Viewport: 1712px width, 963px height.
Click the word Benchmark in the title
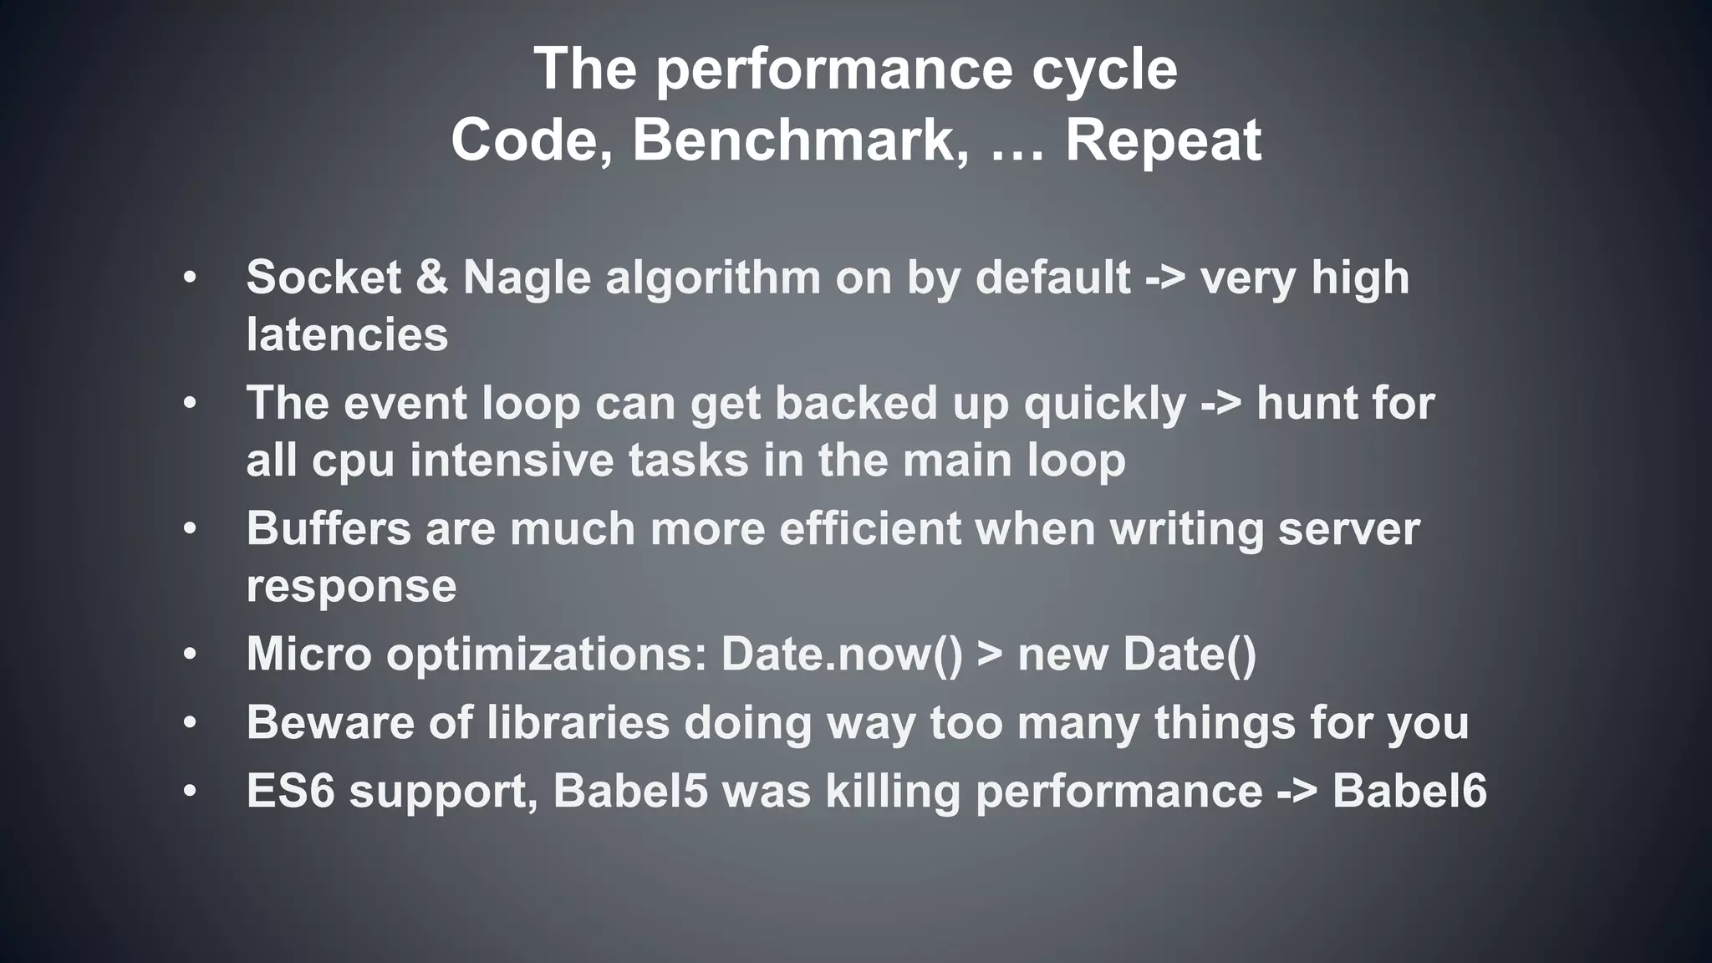[x=793, y=140]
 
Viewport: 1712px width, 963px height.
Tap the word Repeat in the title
[x=1163, y=140]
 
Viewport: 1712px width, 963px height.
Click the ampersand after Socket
[x=431, y=278]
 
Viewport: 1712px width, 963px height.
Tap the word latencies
[x=347, y=335]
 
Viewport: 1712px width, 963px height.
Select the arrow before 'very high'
[x=1165, y=279]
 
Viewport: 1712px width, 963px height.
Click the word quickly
[x=1105, y=405]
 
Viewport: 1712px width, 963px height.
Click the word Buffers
[x=329, y=529]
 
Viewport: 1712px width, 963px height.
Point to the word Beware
[x=330, y=723]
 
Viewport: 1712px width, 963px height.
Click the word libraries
[x=578, y=723]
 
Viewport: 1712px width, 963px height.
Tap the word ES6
[x=290, y=791]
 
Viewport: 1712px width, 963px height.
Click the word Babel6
[x=1409, y=791]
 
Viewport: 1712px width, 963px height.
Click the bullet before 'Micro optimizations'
[x=191, y=655]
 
